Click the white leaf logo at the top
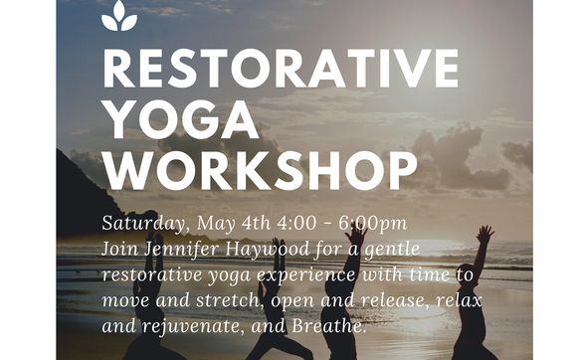[x=119, y=17]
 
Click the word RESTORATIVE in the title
[x=280, y=69]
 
